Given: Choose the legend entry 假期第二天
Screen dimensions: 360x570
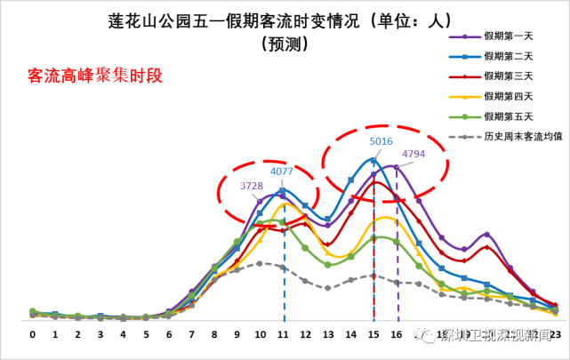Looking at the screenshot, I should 508,56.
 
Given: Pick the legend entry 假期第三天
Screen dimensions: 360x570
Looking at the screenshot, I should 508,76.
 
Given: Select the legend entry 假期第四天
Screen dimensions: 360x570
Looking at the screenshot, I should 508,96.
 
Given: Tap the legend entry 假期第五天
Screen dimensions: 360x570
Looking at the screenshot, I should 508,116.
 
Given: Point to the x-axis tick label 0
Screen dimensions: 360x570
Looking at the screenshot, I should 32,335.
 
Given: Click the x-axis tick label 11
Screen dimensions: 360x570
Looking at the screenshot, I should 283,335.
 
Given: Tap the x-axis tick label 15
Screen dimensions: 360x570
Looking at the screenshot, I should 374,335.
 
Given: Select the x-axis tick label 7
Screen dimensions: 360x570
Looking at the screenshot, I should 191,335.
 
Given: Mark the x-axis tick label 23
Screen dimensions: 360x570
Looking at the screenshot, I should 555,335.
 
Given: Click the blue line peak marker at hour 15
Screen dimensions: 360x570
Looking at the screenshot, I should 374,161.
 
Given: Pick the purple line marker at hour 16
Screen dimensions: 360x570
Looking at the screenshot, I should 397,166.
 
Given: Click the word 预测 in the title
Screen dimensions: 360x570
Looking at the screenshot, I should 284,42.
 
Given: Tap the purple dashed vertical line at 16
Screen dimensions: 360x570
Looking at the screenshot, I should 397,267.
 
